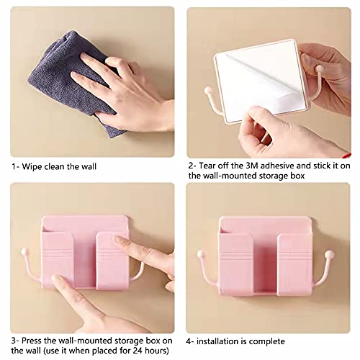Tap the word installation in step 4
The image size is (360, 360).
pos(222,320)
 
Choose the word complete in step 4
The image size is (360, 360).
pos(269,320)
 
